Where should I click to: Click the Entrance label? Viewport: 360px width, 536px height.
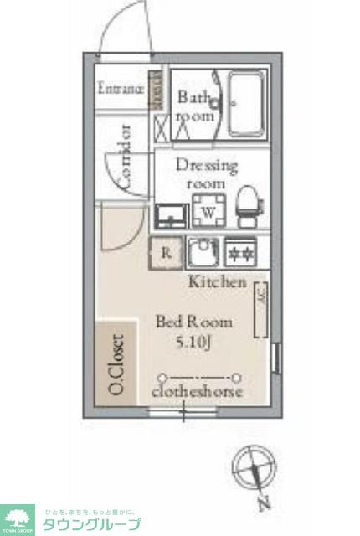coord(121,88)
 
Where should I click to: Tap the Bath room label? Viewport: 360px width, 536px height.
coord(196,106)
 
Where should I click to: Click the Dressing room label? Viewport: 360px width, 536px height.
coord(206,173)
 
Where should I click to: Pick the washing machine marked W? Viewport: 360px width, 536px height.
coord(207,210)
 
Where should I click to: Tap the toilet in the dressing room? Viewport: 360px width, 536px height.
coord(247,206)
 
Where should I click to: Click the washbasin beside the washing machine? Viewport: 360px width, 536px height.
coord(171,215)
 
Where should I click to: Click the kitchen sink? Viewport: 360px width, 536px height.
coord(202,251)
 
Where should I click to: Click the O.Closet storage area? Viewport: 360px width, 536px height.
coord(116,365)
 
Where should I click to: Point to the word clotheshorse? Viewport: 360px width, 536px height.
coord(198,391)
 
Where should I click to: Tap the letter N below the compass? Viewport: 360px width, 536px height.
coord(263,504)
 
